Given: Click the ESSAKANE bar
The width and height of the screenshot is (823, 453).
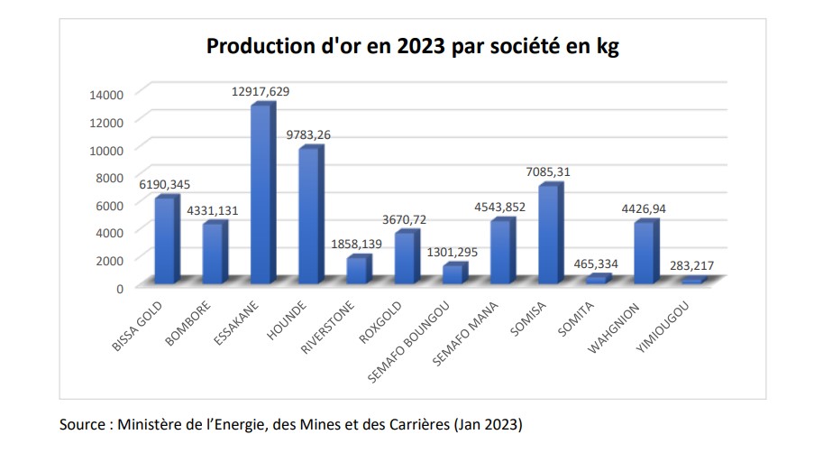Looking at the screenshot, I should pos(261,195).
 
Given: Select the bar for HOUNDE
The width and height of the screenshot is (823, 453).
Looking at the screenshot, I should pos(308,216).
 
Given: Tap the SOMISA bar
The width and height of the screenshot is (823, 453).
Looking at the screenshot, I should pos(549,235).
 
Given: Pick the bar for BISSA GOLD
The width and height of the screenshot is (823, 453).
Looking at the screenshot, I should pos(164,240).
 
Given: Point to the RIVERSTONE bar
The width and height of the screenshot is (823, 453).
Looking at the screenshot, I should pos(357,271).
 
